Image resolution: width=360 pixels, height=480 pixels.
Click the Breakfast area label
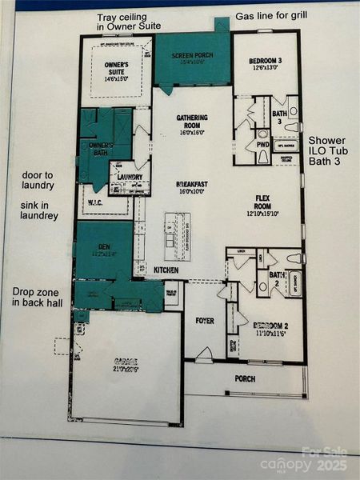pyautogui.click(x=192, y=187)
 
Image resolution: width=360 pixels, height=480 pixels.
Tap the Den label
pyautogui.click(x=102, y=250)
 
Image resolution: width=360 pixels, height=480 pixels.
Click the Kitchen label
pyautogui.click(x=166, y=271)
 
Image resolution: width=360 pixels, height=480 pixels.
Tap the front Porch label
pyautogui.click(x=245, y=378)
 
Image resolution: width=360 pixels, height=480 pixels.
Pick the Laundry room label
pyautogui.click(x=130, y=177)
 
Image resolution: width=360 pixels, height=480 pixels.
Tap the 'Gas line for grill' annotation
pyautogui.click(x=271, y=17)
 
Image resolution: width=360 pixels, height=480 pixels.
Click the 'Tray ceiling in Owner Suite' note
pyautogui.click(x=125, y=22)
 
